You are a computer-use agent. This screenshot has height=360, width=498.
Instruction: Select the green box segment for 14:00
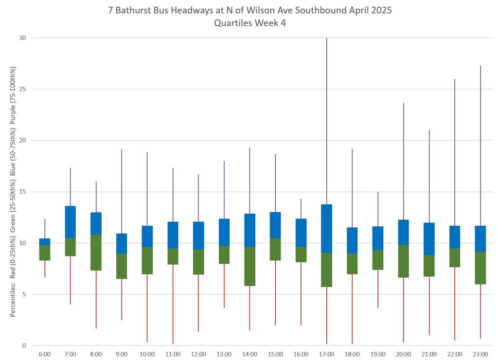[x=249, y=266]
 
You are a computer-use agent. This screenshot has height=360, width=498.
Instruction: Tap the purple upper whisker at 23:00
[x=480, y=145]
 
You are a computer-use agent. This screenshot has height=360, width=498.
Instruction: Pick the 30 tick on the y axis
[x=22, y=38]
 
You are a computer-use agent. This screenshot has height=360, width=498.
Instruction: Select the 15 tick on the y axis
[x=22, y=192]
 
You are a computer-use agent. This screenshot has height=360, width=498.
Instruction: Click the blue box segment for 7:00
[x=71, y=222]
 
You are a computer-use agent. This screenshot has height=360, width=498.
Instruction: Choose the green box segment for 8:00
[x=96, y=252]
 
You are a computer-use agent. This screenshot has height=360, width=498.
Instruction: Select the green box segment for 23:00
[x=480, y=268]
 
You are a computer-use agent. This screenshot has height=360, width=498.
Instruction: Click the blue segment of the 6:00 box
[x=45, y=242]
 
